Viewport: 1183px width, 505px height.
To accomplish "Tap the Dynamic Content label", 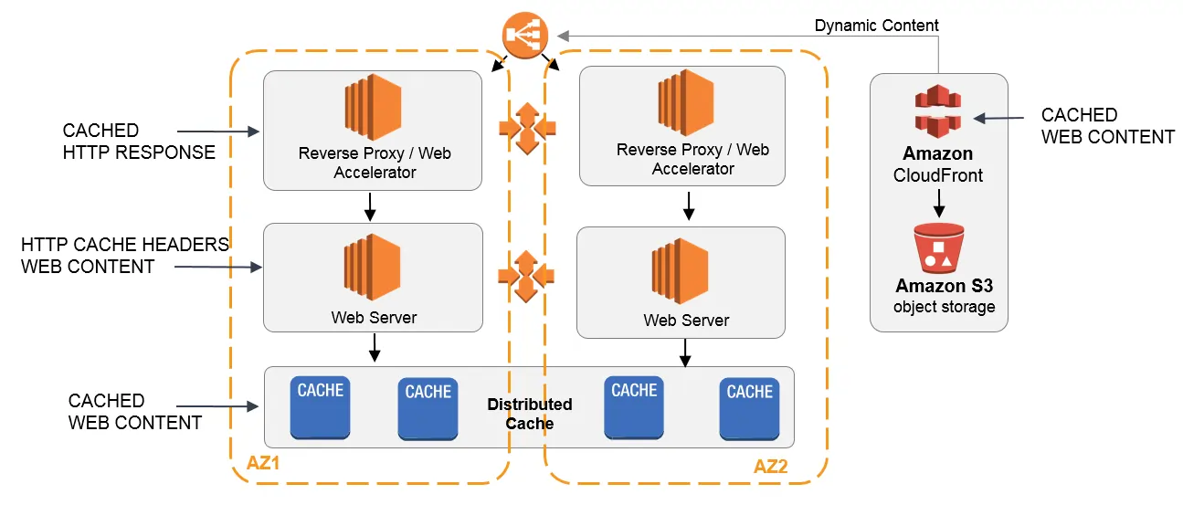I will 876,26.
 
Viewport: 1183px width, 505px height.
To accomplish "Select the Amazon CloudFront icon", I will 938,110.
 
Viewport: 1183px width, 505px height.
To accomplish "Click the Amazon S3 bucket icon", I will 938,247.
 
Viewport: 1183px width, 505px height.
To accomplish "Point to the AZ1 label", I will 263,464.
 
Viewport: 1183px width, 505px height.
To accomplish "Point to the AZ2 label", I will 771,467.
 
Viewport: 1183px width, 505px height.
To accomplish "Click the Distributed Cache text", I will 529,414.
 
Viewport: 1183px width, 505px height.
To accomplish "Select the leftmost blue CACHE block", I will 320,407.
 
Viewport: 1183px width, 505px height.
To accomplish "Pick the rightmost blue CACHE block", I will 749,408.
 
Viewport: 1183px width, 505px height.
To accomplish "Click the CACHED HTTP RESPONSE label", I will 139,142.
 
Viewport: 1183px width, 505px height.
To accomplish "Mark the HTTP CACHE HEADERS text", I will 124,244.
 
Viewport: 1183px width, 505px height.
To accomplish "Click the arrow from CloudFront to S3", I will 938,203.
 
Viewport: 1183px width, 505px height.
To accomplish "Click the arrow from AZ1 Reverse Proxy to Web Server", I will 370,206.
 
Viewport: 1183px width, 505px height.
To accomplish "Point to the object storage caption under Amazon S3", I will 944,307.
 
